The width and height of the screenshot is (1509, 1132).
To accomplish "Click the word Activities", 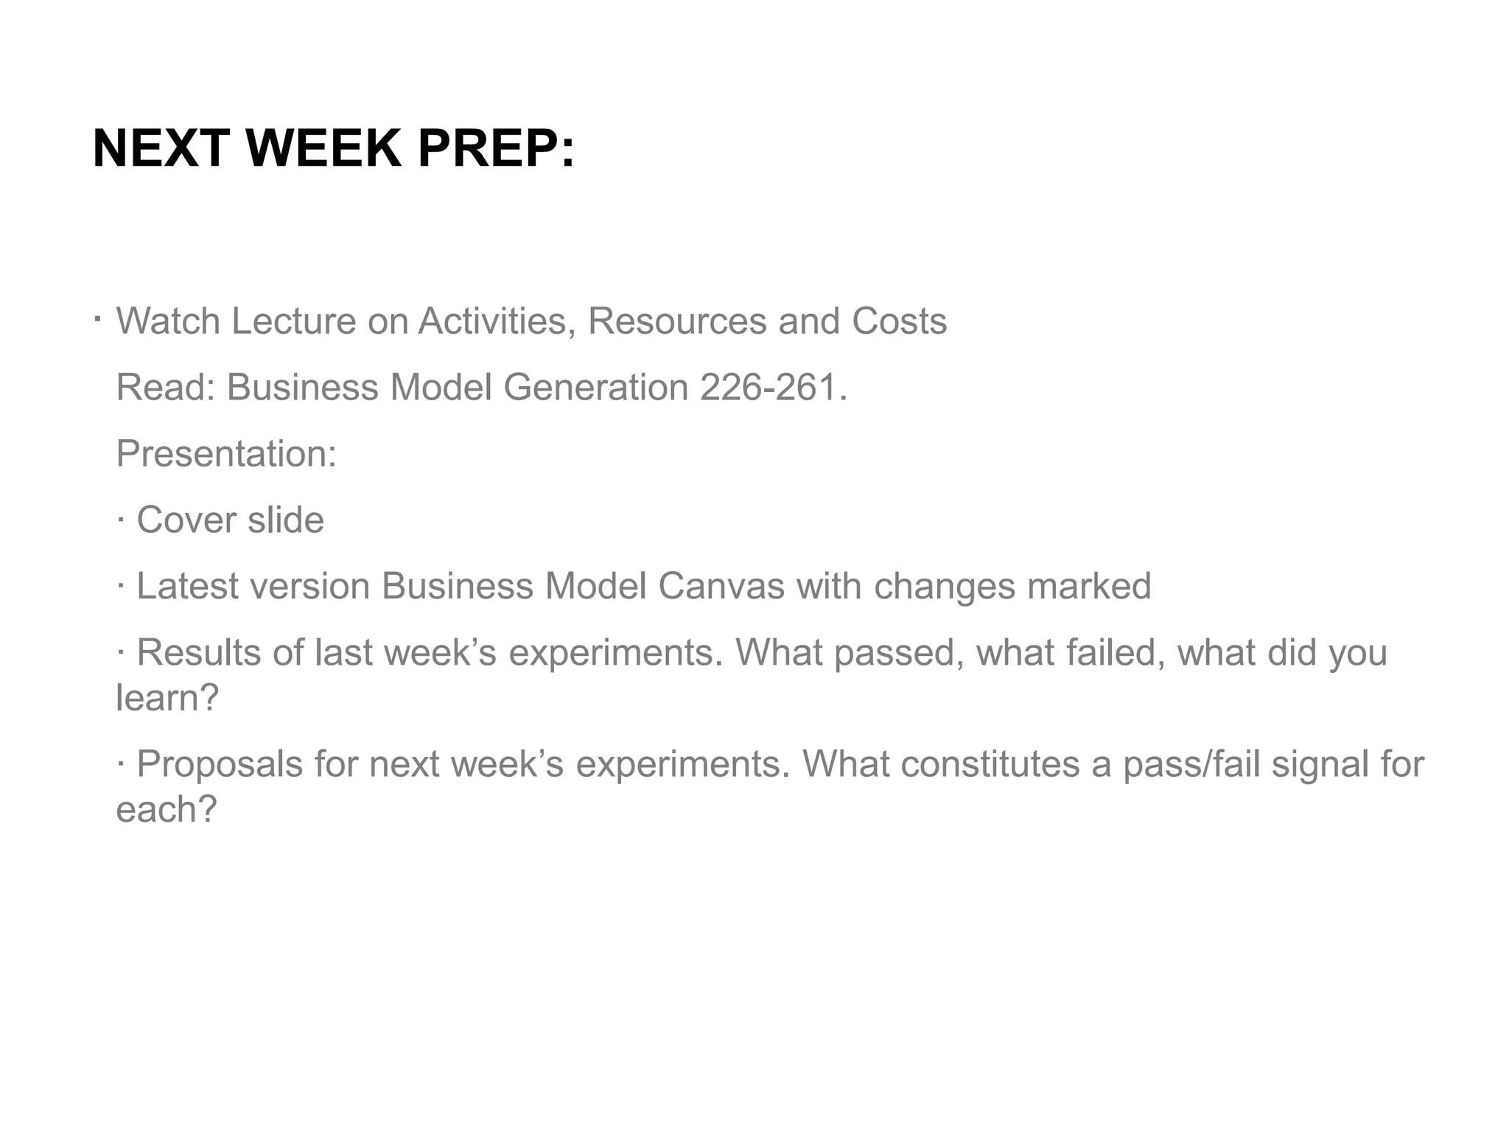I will click(x=497, y=321).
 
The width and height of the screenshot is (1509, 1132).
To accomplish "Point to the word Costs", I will click(x=899, y=321).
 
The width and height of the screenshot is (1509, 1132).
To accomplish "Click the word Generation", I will click(x=595, y=387).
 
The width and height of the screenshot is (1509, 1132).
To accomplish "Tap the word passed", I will click(x=894, y=653).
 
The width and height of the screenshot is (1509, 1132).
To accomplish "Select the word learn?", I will click(x=167, y=697).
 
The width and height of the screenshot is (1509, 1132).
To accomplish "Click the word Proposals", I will click(x=220, y=764).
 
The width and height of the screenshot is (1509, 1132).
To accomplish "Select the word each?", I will click(x=167, y=809).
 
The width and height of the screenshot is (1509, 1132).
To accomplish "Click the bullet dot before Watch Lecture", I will click(x=97, y=320).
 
